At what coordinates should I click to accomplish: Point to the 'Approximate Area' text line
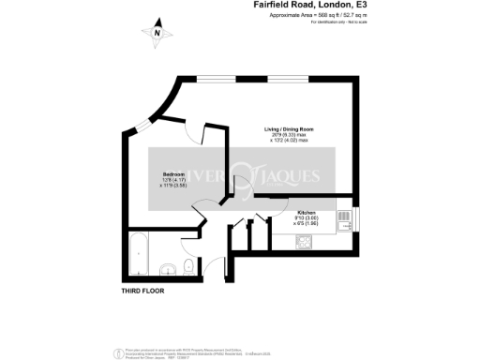pos(307,16)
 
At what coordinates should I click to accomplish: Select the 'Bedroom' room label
pos(172,174)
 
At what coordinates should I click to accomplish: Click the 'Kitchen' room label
pos(281,214)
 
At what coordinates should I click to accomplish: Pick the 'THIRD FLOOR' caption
pos(142,292)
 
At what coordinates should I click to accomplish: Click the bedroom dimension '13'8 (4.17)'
pos(173,180)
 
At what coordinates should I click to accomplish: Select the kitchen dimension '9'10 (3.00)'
pos(281,219)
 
